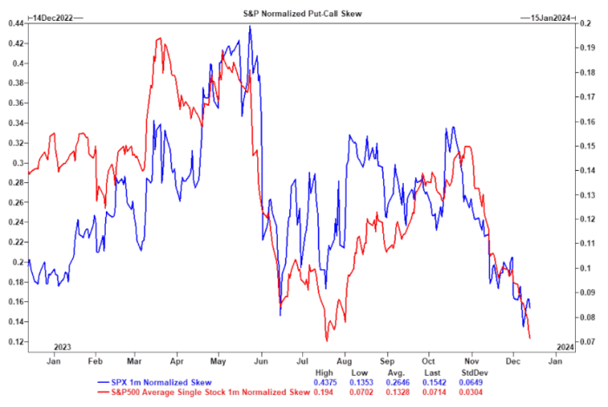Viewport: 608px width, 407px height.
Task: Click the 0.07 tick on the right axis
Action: click(x=585, y=342)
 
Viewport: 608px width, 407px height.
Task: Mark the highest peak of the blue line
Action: click(x=250, y=26)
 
